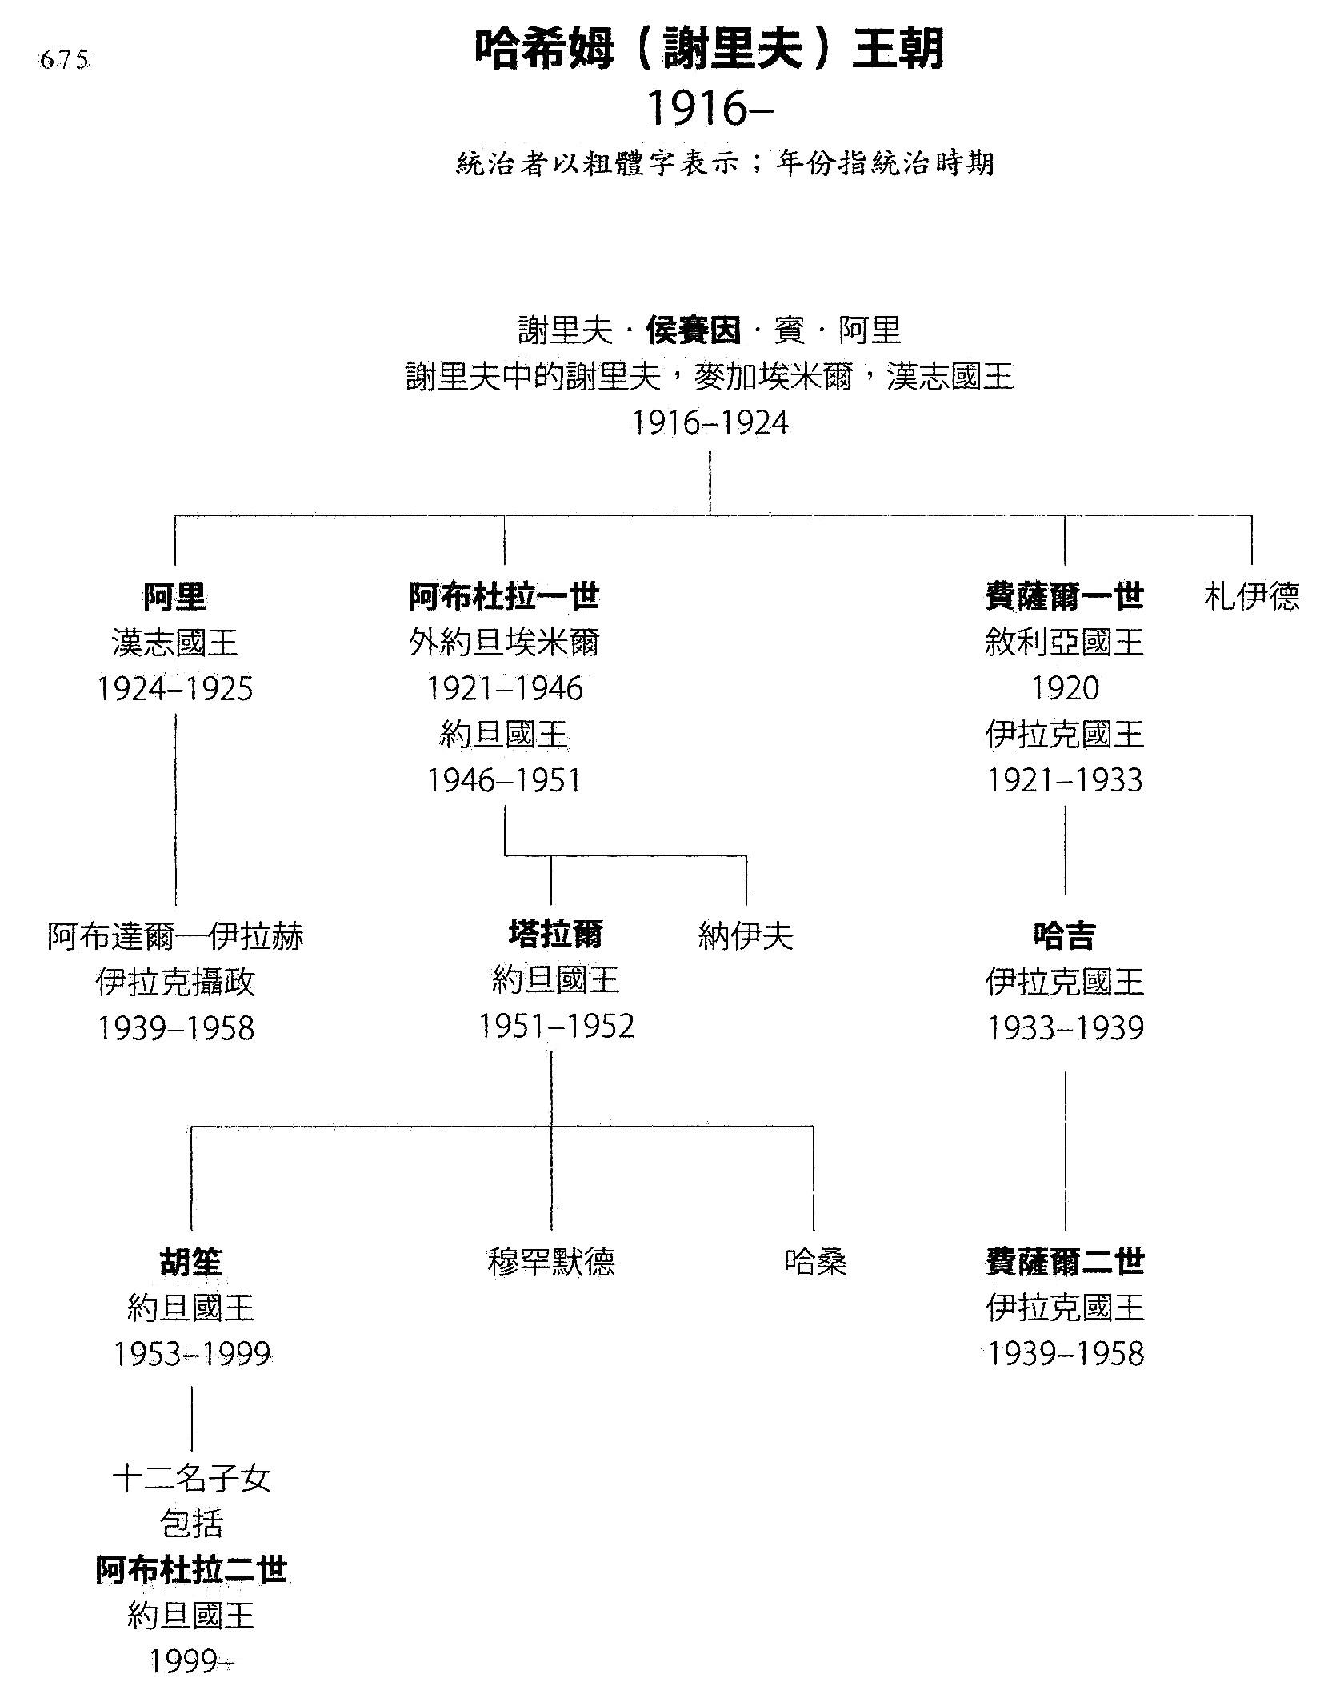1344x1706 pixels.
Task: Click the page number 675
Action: tap(64, 61)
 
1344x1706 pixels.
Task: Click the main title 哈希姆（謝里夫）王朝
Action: tap(709, 49)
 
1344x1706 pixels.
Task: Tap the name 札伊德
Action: tap(1251, 596)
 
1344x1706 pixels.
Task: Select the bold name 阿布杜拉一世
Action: tap(504, 596)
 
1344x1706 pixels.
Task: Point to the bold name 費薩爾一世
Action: tap(1064, 596)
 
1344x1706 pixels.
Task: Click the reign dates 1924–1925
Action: tap(175, 689)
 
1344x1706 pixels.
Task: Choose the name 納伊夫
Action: tap(746, 935)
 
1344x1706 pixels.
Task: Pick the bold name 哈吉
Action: tap(1064, 935)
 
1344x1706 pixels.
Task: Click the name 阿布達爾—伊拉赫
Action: tap(175, 935)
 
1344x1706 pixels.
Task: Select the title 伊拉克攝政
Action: tap(175, 982)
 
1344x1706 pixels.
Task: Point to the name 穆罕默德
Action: tap(551, 1262)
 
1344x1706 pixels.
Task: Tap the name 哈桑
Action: tap(815, 1262)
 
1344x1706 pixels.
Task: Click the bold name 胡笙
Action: tap(191, 1262)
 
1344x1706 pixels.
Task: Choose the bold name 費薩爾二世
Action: tap(1064, 1262)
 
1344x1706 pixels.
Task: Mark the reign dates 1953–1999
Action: tap(191, 1354)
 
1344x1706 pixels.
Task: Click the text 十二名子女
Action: tap(191, 1478)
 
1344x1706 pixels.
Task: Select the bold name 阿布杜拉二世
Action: tap(191, 1570)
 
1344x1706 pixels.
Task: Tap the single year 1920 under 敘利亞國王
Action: tap(1065, 688)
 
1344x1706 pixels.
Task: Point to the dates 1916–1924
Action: tap(710, 422)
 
